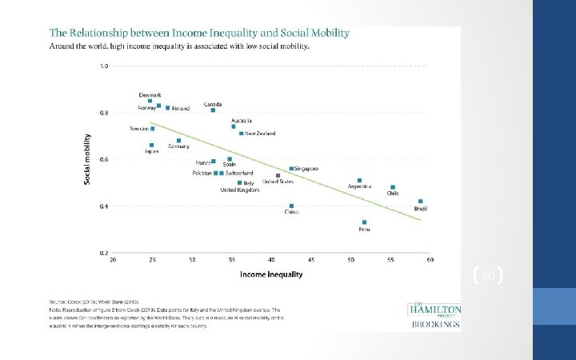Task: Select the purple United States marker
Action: click(278, 175)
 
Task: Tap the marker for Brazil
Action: click(420, 202)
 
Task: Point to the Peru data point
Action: click(364, 222)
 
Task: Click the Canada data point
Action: click(213, 110)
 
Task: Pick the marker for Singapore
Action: click(291, 169)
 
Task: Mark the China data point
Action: click(291, 206)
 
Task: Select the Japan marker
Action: click(151, 146)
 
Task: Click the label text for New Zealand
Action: click(260, 133)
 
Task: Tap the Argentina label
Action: click(359, 186)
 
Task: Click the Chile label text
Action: click(393, 193)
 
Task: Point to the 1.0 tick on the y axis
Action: click(104, 66)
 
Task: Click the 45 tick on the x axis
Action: click(311, 260)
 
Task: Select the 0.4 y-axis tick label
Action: click(104, 206)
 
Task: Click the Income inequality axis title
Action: click(271, 275)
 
